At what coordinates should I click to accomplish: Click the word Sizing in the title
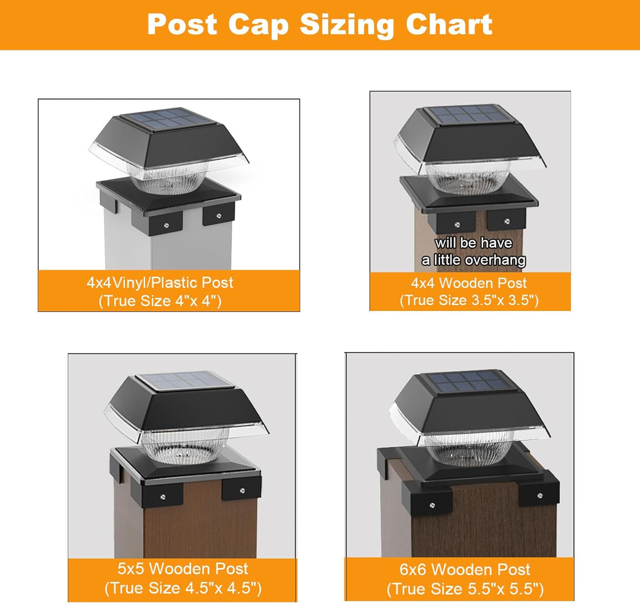(x=347, y=26)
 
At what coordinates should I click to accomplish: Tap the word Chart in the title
(x=449, y=24)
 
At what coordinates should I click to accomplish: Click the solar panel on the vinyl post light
(x=167, y=119)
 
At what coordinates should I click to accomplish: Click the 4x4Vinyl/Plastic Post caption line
(x=160, y=283)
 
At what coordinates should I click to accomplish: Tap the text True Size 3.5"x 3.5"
(x=469, y=300)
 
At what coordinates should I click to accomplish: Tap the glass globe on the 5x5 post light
(x=185, y=445)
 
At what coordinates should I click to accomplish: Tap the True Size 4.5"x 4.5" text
(x=183, y=588)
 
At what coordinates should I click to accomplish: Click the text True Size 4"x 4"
(x=160, y=301)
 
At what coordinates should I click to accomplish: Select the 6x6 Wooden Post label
(x=465, y=569)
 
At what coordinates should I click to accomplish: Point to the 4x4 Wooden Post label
(x=469, y=283)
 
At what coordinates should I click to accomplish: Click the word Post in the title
(x=182, y=24)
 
